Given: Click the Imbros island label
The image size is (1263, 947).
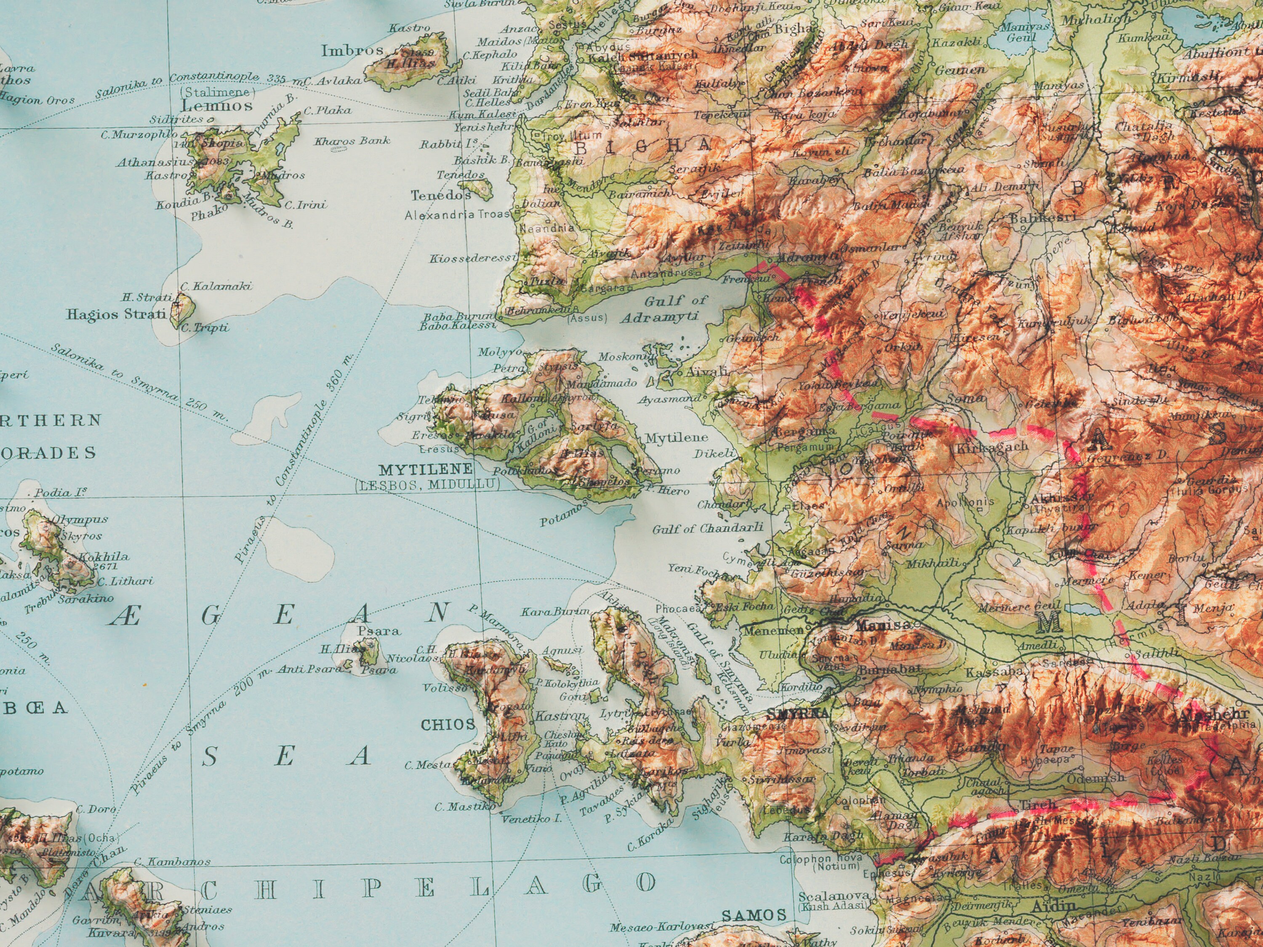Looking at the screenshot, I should (x=352, y=51).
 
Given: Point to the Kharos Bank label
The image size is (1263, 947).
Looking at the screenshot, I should (x=352, y=141).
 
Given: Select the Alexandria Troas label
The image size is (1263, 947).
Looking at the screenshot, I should (x=456, y=215).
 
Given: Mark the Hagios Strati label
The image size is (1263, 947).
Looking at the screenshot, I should (x=117, y=314).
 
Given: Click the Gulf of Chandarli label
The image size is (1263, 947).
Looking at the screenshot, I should (x=707, y=529).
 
